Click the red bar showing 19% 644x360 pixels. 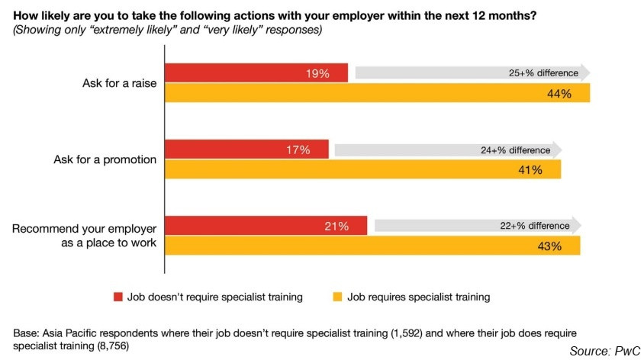256,73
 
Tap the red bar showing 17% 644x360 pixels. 246,149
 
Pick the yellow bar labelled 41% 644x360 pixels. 363,169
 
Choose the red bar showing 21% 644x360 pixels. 266,226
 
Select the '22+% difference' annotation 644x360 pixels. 535,226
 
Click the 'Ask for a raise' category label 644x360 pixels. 120,83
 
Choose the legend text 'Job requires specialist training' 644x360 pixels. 418,297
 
